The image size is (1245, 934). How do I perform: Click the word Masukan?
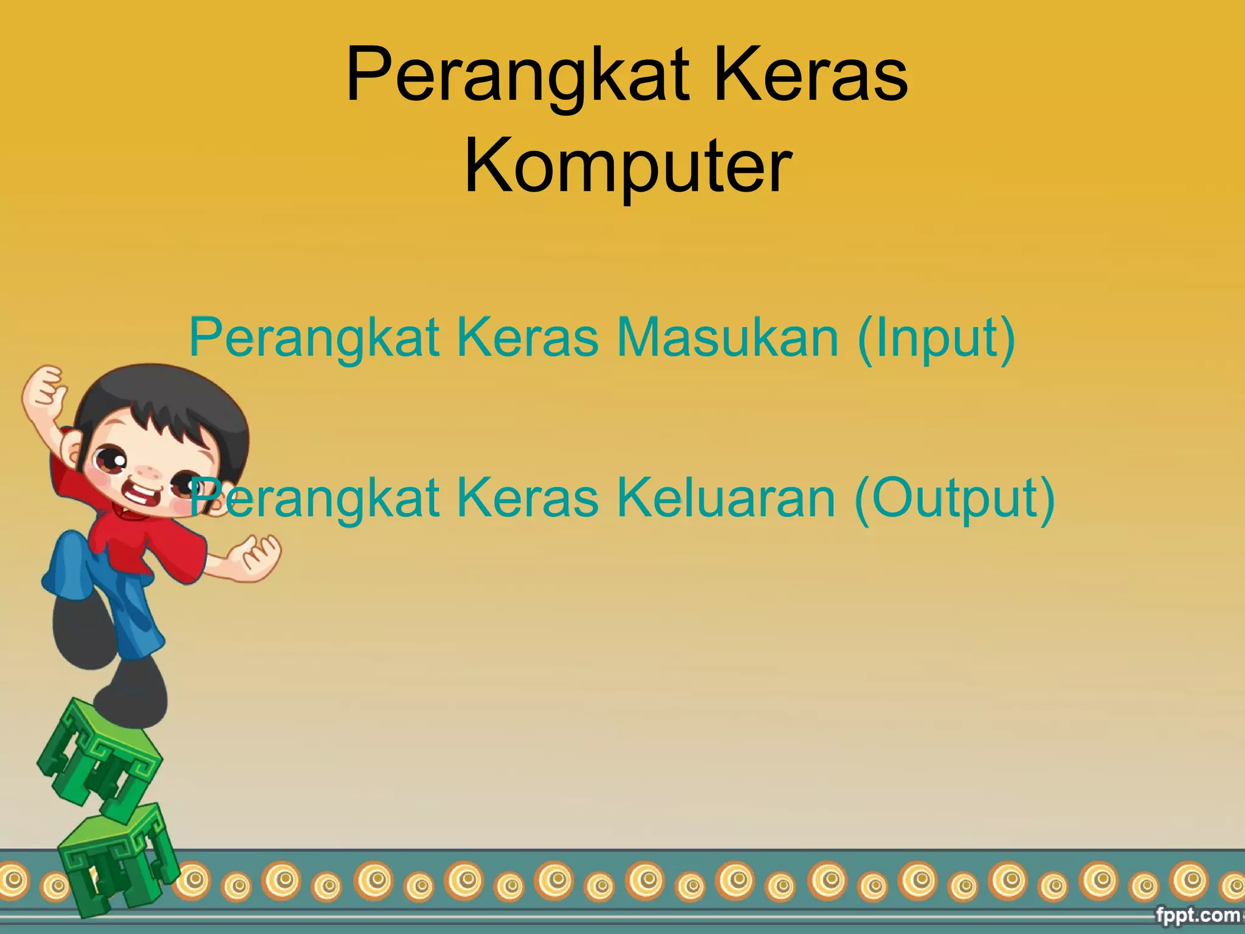point(728,337)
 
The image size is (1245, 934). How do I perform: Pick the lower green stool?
point(119,857)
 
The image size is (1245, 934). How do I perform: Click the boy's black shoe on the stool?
point(131,693)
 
